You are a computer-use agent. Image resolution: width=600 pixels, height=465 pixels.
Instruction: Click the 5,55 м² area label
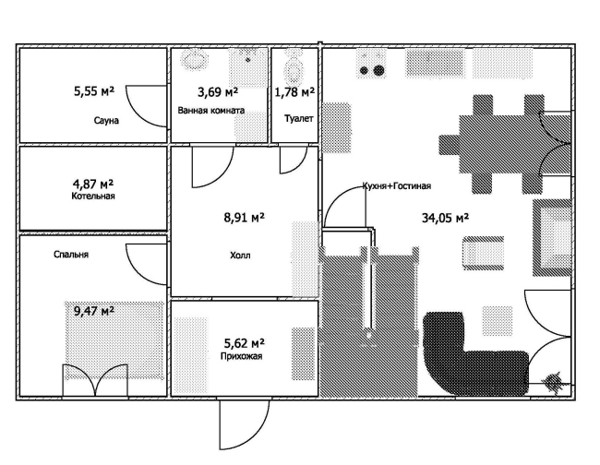[x=94, y=91]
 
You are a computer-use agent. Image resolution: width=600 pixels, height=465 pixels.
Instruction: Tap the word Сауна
[x=106, y=121]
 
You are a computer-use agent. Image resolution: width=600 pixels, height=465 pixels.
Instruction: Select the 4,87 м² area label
[x=93, y=185]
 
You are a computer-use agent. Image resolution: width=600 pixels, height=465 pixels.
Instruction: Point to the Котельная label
[x=93, y=197]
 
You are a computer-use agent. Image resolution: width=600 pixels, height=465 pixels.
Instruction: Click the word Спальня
[x=71, y=255]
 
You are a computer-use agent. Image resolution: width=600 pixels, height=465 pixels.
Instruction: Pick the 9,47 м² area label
[x=94, y=311]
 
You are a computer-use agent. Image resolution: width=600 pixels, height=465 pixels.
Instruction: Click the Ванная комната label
[x=211, y=111]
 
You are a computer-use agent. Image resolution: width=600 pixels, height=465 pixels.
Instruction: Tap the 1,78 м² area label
[x=294, y=91]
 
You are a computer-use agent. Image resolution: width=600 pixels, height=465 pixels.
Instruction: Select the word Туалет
[x=298, y=118]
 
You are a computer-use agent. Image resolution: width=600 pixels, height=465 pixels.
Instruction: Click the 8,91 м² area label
[x=244, y=218]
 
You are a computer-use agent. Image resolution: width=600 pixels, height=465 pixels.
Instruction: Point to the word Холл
[x=240, y=255]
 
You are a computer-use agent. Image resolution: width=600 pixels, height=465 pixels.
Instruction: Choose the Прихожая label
[x=241, y=356]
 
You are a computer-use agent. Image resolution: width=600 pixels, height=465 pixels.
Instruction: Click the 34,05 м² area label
[x=446, y=218]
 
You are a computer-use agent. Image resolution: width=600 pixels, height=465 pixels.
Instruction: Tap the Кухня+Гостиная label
[x=397, y=185]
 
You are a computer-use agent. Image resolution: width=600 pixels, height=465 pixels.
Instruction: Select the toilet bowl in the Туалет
[x=294, y=69]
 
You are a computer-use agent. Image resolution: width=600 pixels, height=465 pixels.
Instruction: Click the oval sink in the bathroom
[x=195, y=60]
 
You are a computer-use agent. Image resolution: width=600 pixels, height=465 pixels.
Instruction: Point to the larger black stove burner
[x=378, y=70]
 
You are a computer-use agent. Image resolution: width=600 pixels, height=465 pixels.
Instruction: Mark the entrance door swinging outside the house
[x=244, y=424]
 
